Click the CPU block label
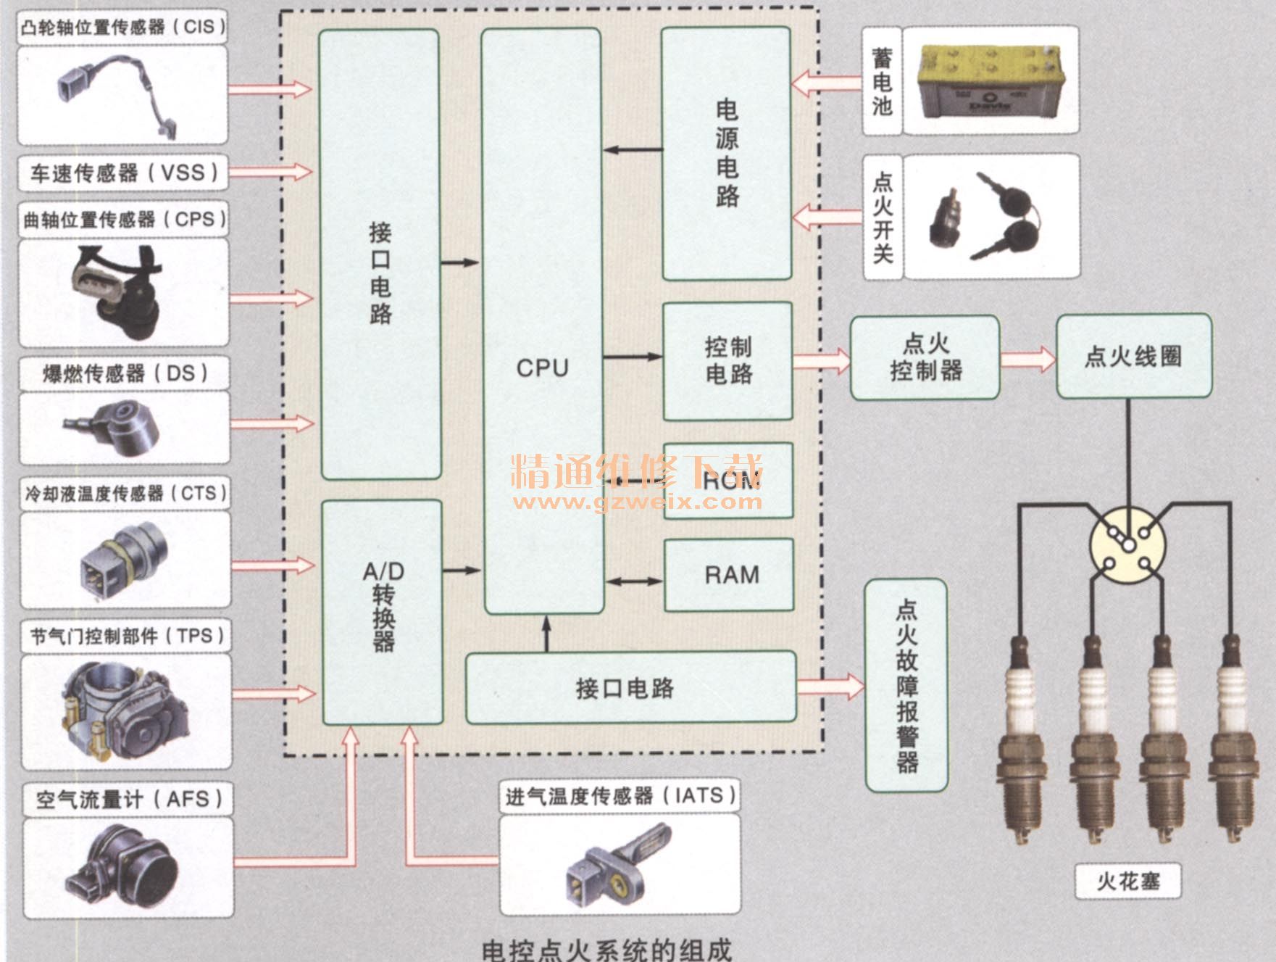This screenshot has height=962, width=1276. (x=542, y=368)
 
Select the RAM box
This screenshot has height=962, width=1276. (x=729, y=575)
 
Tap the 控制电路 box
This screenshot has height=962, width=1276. (x=727, y=361)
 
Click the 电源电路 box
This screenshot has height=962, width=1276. (x=726, y=154)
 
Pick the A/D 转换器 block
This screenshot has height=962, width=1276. (x=383, y=611)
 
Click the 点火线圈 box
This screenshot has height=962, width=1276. (x=1133, y=356)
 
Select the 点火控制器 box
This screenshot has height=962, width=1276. (x=925, y=357)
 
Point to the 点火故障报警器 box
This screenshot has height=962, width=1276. (x=906, y=684)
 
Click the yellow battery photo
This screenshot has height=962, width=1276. (x=990, y=80)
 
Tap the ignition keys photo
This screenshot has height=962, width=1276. (x=990, y=216)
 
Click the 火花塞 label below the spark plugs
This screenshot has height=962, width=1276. (x=1127, y=881)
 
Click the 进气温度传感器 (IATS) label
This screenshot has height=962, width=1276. (x=620, y=796)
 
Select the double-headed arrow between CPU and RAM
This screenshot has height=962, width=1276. (x=634, y=581)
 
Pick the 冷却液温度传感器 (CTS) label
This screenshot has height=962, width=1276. (x=125, y=494)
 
